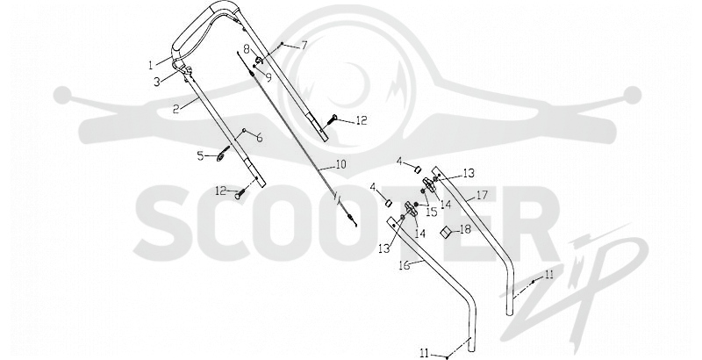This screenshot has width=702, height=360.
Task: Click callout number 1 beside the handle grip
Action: [151, 65]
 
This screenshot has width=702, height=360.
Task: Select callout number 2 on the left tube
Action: [177, 109]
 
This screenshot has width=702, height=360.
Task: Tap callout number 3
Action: [157, 83]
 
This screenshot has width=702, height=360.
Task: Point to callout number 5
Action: [201, 156]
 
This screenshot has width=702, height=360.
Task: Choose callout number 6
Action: [259, 139]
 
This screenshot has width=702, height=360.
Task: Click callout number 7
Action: [304, 46]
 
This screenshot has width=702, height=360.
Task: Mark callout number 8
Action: [247, 48]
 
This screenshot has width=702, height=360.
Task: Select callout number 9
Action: [269, 77]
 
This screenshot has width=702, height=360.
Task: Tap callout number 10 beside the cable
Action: [340, 165]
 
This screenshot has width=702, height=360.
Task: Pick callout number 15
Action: [431, 212]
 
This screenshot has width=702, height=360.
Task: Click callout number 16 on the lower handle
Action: [404, 265]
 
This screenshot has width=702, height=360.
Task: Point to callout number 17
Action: [482, 195]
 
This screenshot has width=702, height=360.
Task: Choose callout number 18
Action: [465, 229]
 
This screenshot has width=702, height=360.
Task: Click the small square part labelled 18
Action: [446, 233]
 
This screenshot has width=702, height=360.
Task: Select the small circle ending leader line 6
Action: [244, 131]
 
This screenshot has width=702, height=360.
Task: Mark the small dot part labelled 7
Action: [282, 43]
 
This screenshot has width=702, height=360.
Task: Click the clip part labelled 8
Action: [258, 61]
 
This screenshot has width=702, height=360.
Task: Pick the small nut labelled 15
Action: [417, 205]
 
